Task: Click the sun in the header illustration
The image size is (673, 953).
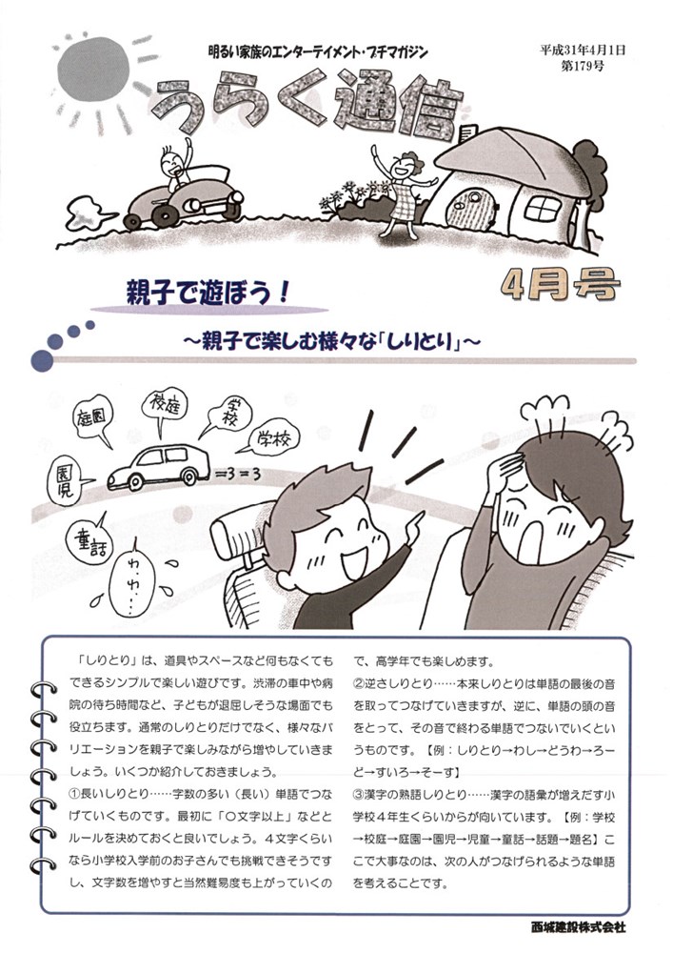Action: coord(94,71)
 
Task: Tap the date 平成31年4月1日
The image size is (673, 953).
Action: coord(582,51)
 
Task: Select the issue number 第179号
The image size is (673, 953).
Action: coord(583,67)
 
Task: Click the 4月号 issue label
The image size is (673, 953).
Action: coord(561,284)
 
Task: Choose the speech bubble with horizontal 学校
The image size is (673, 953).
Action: coord(272,439)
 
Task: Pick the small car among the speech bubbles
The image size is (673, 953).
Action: coord(158,466)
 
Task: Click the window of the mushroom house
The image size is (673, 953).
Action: coord(542,207)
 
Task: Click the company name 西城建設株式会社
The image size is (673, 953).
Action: coord(577,927)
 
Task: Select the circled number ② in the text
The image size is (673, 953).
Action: coord(359,683)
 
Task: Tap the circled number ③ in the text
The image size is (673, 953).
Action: coord(359,795)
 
